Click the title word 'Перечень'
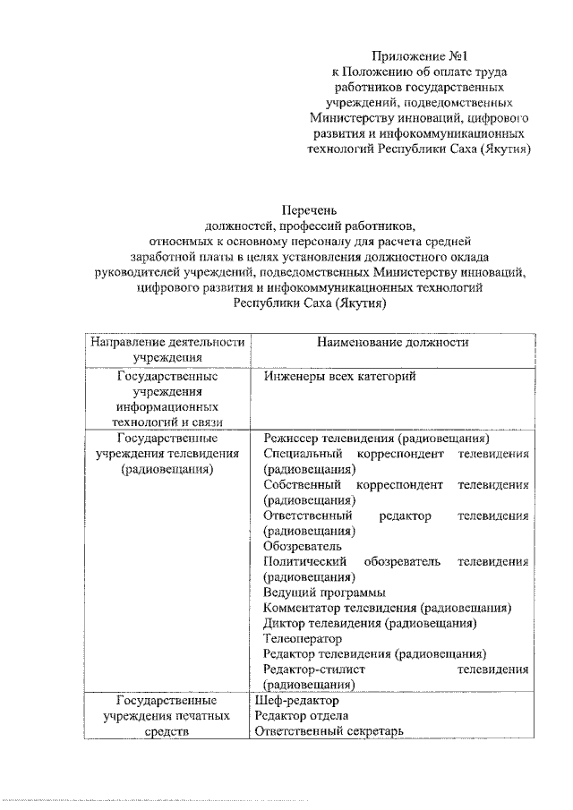[309, 210]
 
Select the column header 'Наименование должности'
[393, 343]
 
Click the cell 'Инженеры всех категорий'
[341, 378]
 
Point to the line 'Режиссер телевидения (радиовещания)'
[376, 439]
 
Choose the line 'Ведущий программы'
[325, 593]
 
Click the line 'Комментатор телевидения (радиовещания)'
[388, 608]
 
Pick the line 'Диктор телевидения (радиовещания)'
[370, 623]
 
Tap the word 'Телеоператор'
[303, 638]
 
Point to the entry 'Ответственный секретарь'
[329, 730]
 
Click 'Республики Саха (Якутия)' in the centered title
[309, 303]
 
